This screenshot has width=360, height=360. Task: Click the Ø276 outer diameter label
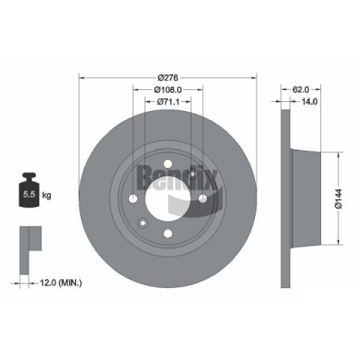click(168, 78)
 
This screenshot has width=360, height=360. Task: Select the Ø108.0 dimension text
click(168, 89)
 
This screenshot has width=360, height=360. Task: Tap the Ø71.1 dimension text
click(168, 102)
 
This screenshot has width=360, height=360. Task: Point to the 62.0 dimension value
click(301, 89)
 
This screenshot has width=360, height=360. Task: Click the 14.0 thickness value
click(309, 101)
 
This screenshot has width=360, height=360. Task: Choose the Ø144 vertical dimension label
click(338, 199)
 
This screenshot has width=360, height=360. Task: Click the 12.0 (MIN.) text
click(61, 283)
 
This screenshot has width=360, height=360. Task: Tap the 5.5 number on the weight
click(29, 194)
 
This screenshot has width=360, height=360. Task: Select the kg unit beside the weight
click(46, 195)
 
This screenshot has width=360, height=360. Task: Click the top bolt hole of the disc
click(168, 164)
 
